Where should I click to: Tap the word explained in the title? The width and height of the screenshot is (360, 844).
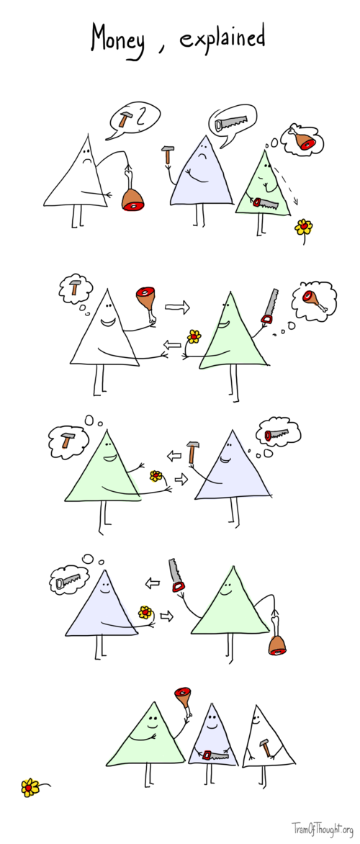coord(222,37)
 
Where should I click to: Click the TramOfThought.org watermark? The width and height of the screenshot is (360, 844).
coord(322,828)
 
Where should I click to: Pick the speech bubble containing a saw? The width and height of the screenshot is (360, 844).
coord(232,122)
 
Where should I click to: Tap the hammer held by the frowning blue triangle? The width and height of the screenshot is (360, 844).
coord(168,154)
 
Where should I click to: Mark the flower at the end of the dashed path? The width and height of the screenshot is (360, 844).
coord(304,228)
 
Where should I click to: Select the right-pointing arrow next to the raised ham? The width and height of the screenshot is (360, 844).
coord(176,307)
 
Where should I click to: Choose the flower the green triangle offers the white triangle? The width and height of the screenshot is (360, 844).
coord(194,336)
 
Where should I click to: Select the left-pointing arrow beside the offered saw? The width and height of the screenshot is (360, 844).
coord(152,582)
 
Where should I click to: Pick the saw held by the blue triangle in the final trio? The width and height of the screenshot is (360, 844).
coord(214,754)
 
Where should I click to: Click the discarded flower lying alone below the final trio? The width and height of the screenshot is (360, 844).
coord(30,787)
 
